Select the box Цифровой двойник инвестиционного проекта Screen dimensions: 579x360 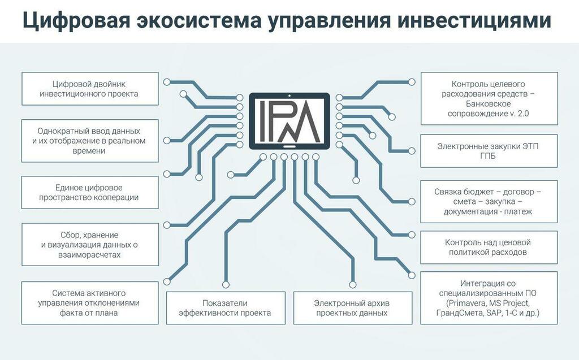[x=90, y=89]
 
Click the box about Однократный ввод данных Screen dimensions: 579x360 [x=90, y=141]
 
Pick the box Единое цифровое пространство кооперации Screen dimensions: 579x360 [x=90, y=192]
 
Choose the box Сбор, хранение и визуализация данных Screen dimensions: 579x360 [x=90, y=245]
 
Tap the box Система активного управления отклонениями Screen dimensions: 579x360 [x=90, y=303]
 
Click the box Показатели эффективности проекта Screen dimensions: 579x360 [x=226, y=308]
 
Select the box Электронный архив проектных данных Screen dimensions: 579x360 [x=353, y=308]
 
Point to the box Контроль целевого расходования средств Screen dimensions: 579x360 [x=489, y=98]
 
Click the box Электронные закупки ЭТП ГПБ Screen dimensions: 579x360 [x=489, y=151]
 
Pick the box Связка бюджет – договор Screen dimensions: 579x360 [x=489, y=202]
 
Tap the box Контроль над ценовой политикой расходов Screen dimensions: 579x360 [x=489, y=248]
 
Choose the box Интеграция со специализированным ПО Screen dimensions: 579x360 [x=489, y=298]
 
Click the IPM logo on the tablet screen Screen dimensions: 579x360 [x=289, y=121]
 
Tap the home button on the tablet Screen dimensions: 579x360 [x=289, y=146]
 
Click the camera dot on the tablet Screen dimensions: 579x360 [x=289, y=96]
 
